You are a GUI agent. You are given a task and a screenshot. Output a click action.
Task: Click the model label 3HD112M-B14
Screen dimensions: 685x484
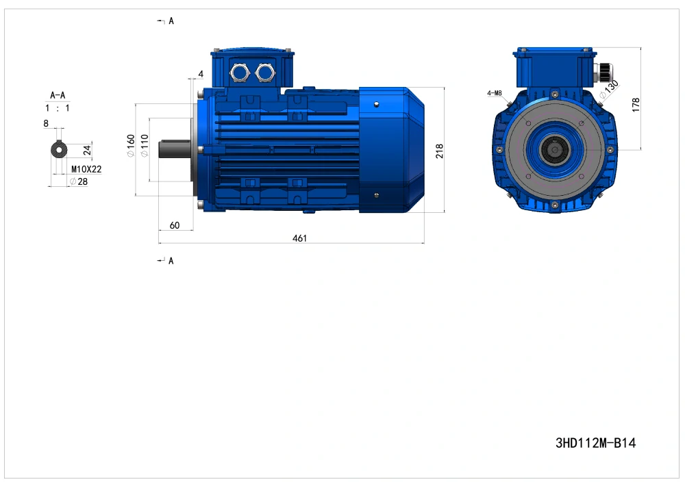point(595,443)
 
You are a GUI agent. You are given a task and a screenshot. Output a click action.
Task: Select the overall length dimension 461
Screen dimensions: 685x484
point(300,238)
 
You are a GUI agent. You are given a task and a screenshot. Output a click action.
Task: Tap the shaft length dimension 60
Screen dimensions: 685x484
point(174,225)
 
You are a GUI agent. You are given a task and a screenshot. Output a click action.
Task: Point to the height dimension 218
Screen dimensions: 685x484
point(440,151)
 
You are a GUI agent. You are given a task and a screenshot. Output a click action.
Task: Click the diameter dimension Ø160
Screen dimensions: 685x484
point(131,146)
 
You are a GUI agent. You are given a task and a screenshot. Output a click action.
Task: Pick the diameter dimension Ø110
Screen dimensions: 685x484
point(145,146)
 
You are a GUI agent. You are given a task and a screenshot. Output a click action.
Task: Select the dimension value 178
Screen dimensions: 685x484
point(636,105)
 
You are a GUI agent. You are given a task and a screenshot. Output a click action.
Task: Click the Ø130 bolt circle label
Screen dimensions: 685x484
point(610,88)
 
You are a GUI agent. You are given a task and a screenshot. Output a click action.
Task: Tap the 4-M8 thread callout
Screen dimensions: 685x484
point(495,93)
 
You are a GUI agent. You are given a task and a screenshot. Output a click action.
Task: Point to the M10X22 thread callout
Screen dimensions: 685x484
point(86,169)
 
